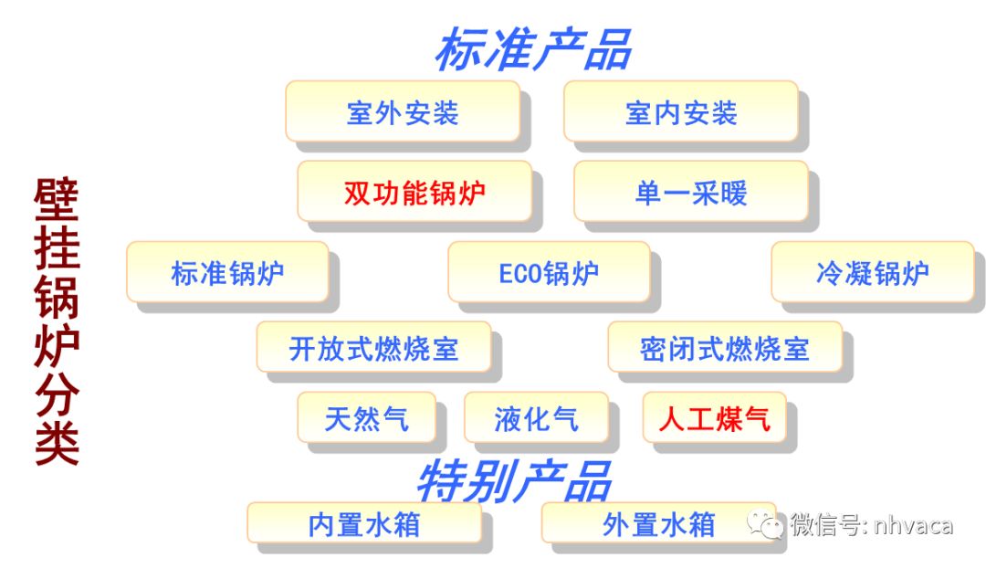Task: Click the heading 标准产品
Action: click(532, 49)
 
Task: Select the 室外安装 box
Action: click(403, 112)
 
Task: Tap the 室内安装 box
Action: click(681, 112)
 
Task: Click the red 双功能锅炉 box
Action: click(414, 192)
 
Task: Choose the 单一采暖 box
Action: click(691, 192)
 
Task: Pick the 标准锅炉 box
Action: click(227, 272)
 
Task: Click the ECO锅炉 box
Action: click(549, 272)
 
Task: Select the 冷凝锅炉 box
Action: click(873, 272)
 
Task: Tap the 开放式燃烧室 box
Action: click(373, 348)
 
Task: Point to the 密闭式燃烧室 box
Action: click(725, 348)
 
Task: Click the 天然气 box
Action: click(366, 418)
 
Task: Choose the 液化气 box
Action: click(536, 418)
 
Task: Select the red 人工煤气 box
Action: click(714, 418)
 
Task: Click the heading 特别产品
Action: click(513, 479)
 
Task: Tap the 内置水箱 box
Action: click(364, 523)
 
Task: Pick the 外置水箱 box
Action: click(658, 523)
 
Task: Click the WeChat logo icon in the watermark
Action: click(765, 525)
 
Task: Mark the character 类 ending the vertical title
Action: click(57, 442)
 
